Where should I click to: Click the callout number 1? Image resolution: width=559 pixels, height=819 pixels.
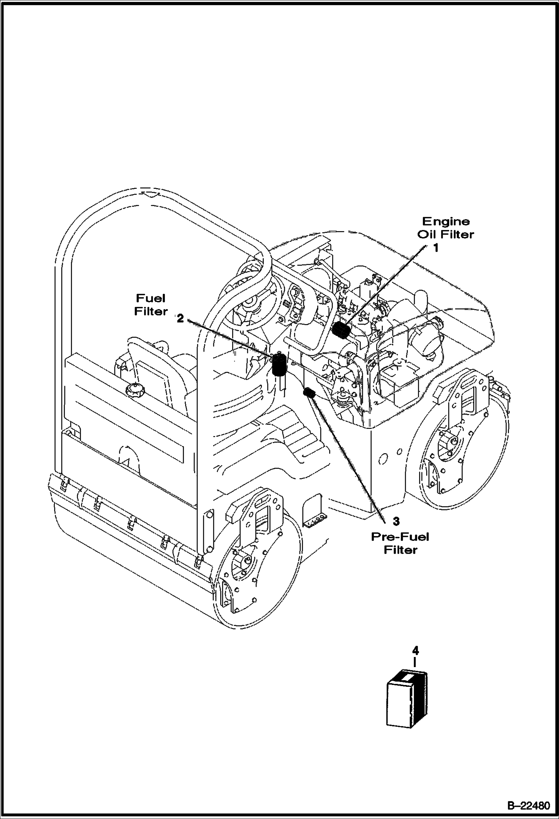[436, 248]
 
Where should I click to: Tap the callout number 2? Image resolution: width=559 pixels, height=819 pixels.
[180, 319]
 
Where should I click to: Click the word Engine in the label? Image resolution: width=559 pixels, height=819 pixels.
[446, 222]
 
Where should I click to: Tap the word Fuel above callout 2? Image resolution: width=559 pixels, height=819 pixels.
[151, 298]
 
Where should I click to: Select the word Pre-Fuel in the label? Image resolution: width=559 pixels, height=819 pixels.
[400, 537]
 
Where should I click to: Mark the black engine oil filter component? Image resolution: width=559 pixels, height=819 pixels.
[340, 330]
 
